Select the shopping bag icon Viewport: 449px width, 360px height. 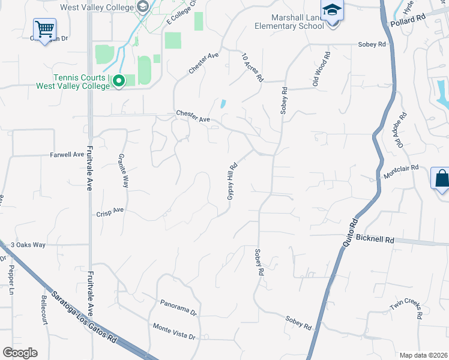[441, 179]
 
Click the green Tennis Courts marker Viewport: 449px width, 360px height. [119, 80]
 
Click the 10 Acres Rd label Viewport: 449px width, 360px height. [253, 67]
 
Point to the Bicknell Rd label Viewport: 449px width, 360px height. [375, 239]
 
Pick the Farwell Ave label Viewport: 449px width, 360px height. [67, 154]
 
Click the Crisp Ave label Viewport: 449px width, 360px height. [110, 212]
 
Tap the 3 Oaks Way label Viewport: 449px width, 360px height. [28, 245]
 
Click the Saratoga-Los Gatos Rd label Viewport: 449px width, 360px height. [83, 317]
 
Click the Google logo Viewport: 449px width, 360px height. [20, 353]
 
